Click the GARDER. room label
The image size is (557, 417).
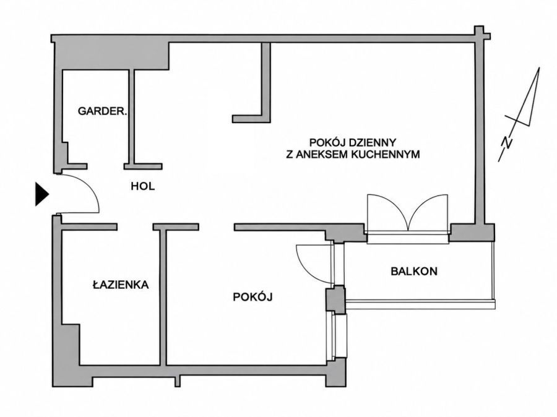tap(102, 111)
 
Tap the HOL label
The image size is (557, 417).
tap(143, 186)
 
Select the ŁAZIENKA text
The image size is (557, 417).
tap(121, 284)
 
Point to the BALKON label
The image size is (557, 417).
tap(414, 272)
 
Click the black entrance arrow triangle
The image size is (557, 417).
tap(42, 194)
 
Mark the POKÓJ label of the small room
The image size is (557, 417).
tap(253, 296)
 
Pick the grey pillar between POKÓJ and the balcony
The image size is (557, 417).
tap(335, 299)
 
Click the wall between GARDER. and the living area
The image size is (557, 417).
tap(132, 116)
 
